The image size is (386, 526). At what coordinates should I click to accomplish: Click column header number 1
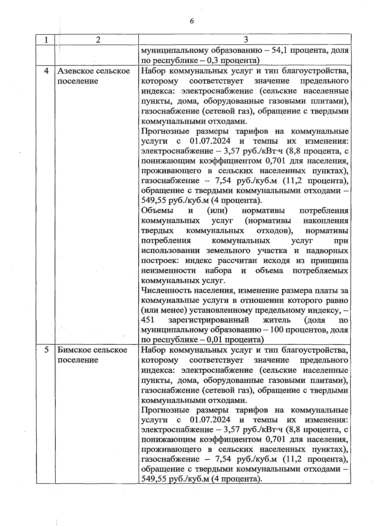click(x=47, y=40)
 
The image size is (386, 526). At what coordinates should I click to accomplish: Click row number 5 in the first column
click(x=46, y=350)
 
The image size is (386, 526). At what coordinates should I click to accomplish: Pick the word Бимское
click(x=73, y=350)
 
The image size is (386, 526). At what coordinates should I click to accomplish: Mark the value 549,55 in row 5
click(x=153, y=479)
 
